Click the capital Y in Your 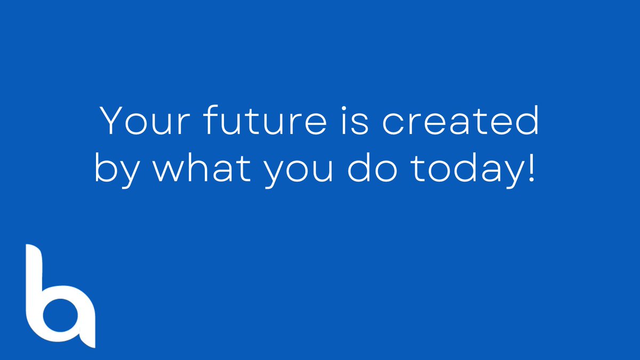[x=113, y=121]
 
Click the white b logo [x=59, y=299]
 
